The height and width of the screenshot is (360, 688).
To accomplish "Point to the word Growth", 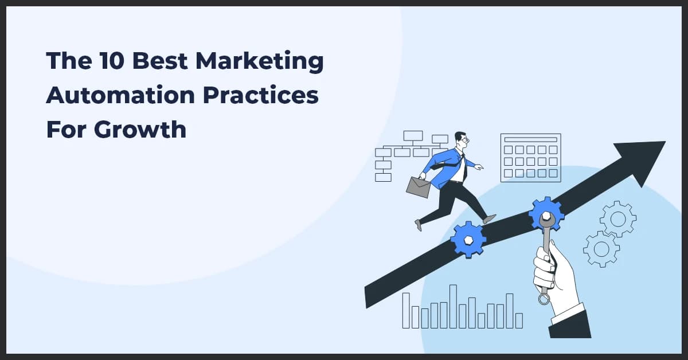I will click(x=140, y=130).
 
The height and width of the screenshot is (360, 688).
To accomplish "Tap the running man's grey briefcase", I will click(x=419, y=187).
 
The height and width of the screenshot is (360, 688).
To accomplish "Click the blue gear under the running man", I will click(x=468, y=238).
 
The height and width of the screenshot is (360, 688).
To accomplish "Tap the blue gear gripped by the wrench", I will click(x=546, y=214).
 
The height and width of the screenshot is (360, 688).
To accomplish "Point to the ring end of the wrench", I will click(x=544, y=298).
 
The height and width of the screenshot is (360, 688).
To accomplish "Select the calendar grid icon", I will click(x=530, y=158).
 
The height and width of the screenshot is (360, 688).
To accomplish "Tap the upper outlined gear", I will click(x=617, y=218).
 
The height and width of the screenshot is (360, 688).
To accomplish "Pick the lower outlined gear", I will click(x=601, y=249).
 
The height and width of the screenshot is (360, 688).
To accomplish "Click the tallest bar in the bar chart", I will click(x=453, y=307).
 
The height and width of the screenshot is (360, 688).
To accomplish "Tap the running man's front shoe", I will click(x=489, y=218).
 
